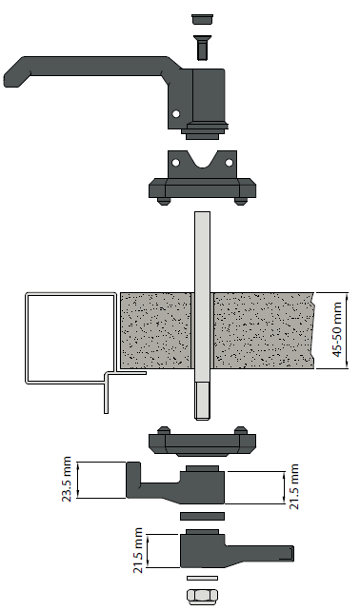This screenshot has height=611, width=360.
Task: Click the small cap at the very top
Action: coord(203,20)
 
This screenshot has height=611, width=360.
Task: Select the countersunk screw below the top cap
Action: coord(202,48)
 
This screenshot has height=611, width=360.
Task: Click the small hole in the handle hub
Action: coord(176,114)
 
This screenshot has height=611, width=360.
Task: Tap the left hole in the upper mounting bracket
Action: coord(176,162)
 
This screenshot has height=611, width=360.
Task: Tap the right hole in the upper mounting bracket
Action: coord(229,162)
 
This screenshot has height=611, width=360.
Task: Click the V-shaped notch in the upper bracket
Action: coord(203,159)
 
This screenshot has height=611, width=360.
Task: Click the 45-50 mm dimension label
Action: coord(337,330)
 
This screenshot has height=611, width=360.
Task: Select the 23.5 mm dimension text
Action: coord(67,480)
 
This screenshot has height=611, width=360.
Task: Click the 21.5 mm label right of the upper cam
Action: coord(293,486)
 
